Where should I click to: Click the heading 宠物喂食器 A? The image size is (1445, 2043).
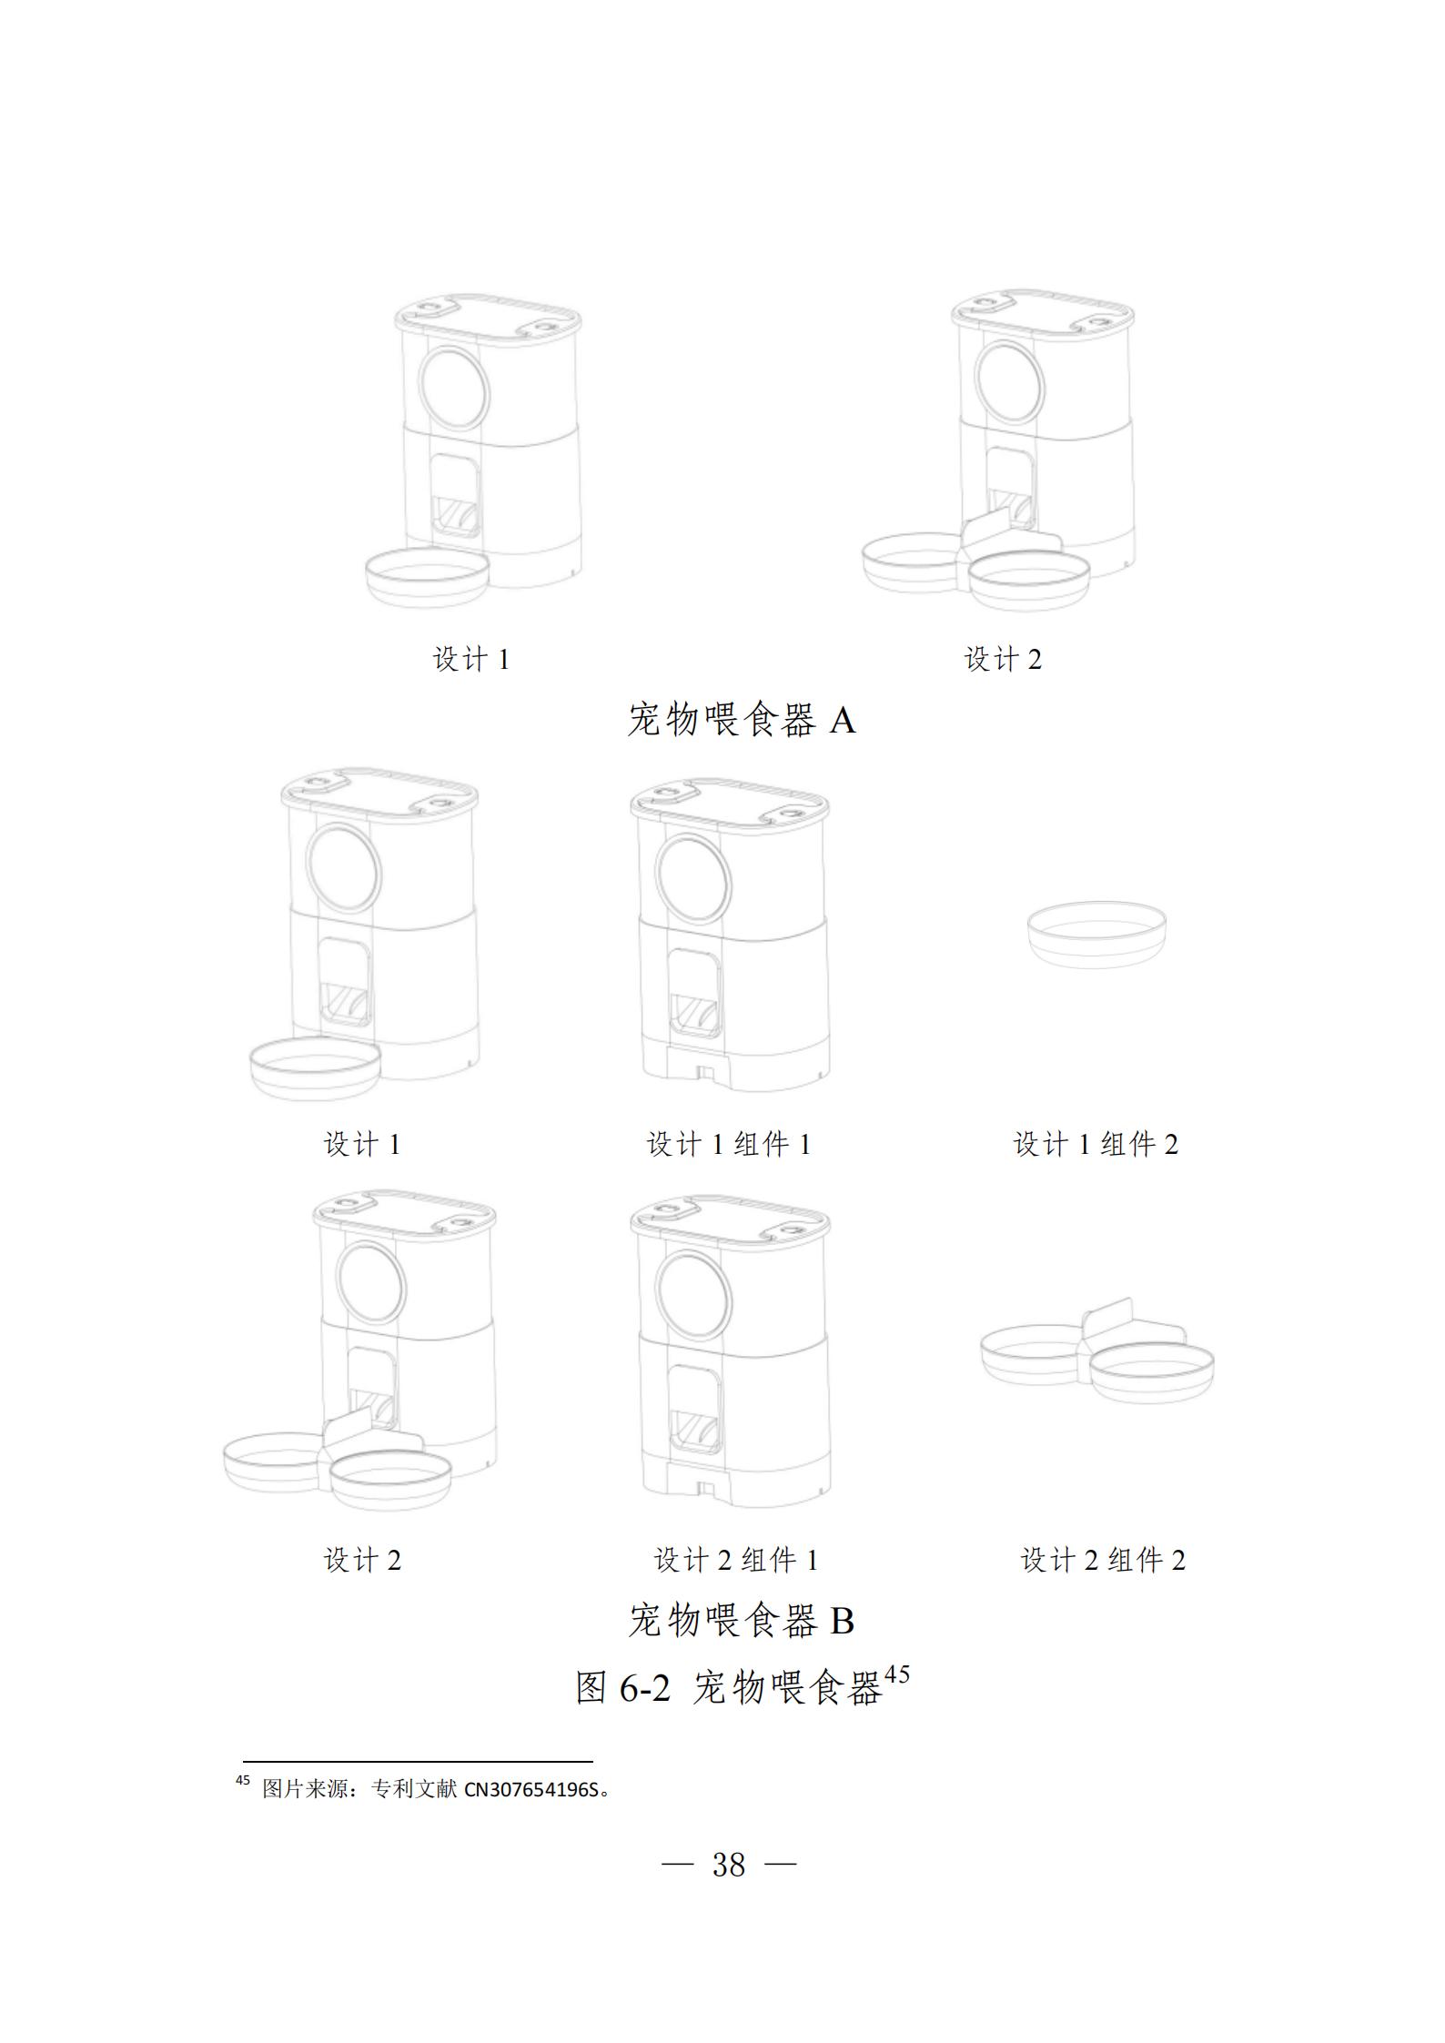click(x=742, y=722)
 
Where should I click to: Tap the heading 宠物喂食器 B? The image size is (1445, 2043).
click(x=742, y=1621)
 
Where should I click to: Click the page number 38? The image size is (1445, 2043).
click(x=729, y=1865)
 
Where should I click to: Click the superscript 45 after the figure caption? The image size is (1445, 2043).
click(x=897, y=1675)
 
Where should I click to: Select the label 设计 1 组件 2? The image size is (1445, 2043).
click(x=1096, y=1145)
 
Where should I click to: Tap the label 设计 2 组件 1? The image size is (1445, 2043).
click(x=736, y=1561)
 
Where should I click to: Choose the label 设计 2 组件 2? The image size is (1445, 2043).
click(x=1103, y=1561)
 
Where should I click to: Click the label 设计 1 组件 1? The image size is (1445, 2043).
click(x=729, y=1145)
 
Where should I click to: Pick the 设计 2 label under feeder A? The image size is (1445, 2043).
click(x=1003, y=660)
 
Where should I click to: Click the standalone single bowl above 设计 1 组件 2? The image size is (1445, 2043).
click(x=1096, y=934)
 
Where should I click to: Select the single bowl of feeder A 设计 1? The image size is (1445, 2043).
click(x=427, y=578)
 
